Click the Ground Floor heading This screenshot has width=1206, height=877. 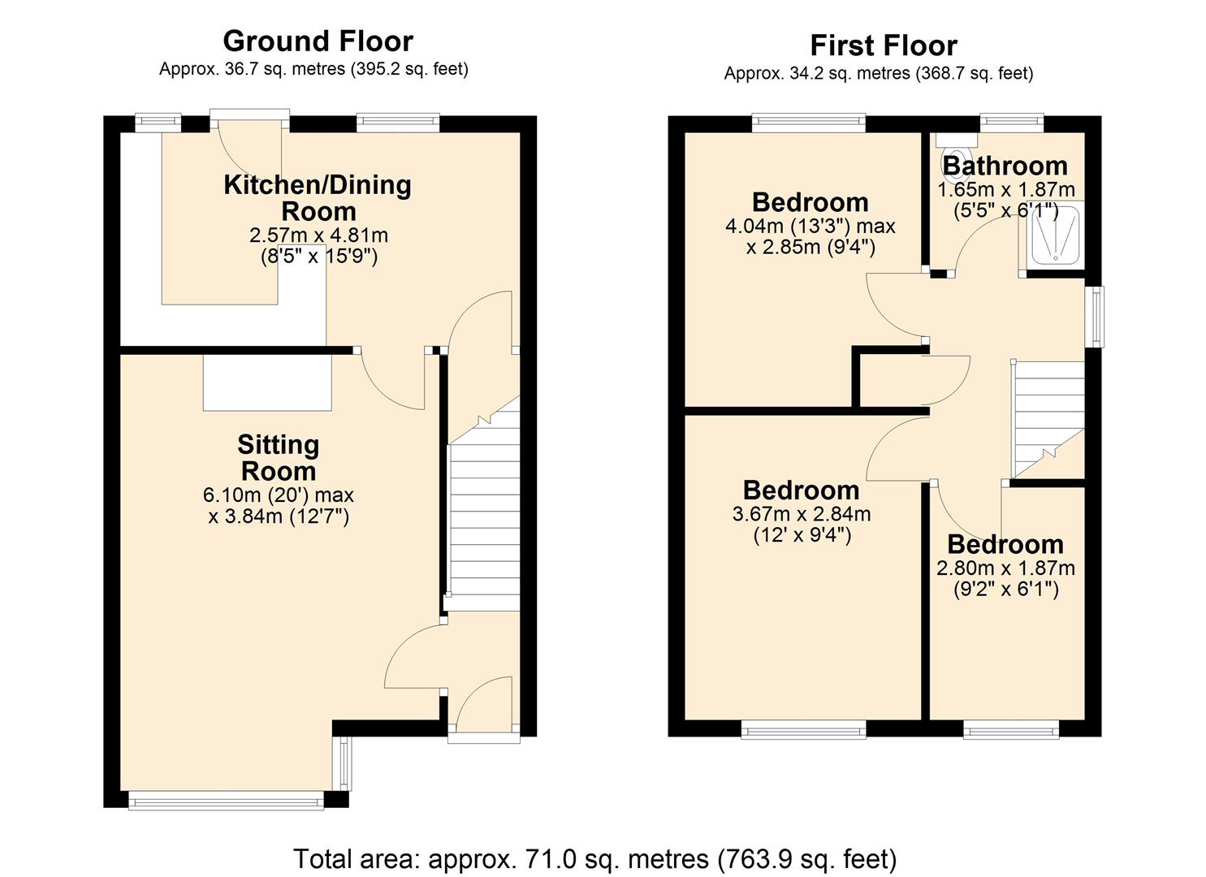(x=318, y=41)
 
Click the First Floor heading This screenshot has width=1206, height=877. (x=883, y=45)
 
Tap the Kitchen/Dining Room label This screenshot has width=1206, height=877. (x=318, y=197)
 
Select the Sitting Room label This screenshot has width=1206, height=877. (x=278, y=458)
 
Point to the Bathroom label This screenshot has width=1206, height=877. (x=1005, y=166)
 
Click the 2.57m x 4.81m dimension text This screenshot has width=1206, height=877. (x=318, y=235)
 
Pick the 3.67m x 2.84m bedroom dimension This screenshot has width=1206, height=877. (x=801, y=514)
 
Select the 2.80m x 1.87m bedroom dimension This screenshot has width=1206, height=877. (x=1005, y=568)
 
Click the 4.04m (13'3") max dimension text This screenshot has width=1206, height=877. (x=810, y=225)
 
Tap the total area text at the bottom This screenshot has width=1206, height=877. (x=594, y=858)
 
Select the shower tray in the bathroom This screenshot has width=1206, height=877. (x=1053, y=237)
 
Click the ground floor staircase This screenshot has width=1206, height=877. (x=484, y=520)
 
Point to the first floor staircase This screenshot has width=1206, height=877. (x=1048, y=418)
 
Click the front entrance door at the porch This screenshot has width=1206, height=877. (x=484, y=706)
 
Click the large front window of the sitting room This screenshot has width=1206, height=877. (x=226, y=802)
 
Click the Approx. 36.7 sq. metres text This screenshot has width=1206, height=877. (x=313, y=69)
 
